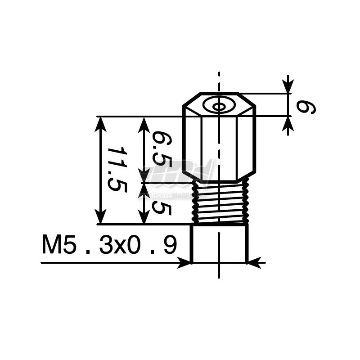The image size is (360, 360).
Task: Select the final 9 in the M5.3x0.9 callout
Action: click(168, 246)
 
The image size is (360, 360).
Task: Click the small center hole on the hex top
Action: click(219, 107)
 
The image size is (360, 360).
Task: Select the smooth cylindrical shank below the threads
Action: click(219, 243)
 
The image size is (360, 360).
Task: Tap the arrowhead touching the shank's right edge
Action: click(254, 263)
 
